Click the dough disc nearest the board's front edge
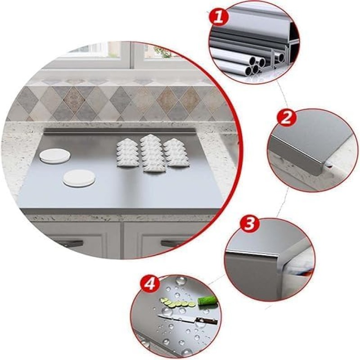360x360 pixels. tap(79, 178)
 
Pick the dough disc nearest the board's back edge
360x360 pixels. tap(55, 156)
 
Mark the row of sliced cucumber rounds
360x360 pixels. tap(178, 303)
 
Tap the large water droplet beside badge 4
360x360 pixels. tap(181, 281)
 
